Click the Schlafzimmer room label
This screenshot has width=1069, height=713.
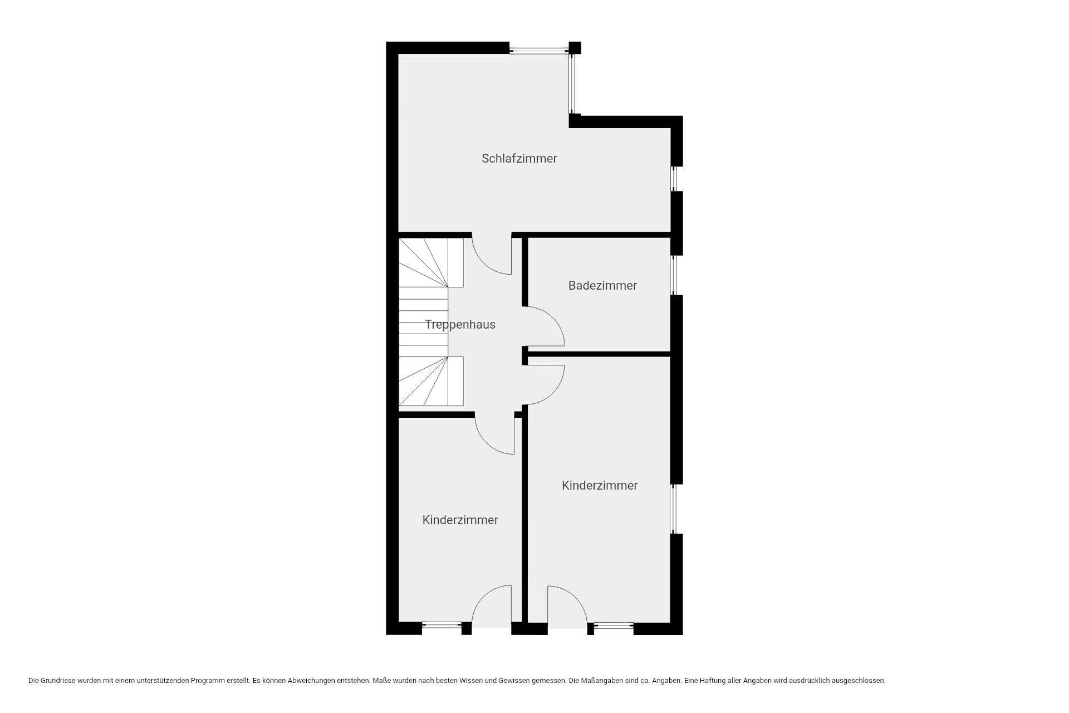[x=519, y=159]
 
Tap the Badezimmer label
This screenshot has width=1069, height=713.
[x=602, y=285]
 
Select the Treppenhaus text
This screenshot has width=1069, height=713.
[x=460, y=325]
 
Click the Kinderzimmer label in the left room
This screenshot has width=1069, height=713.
[x=460, y=520]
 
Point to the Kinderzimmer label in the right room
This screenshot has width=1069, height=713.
[x=600, y=485]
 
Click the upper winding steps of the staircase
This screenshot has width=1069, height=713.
[x=431, y=263]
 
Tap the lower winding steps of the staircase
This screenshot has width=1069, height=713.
[x=431, y=381]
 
